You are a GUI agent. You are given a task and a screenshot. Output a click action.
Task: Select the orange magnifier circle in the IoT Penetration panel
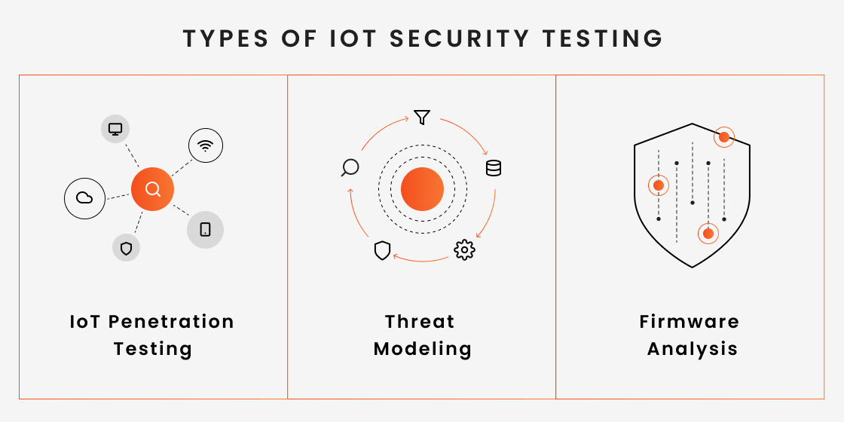(x=152, y=189)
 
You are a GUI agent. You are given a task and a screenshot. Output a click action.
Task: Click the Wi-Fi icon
(x=206, y=145)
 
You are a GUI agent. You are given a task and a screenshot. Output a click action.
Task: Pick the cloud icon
(x=84, y=198)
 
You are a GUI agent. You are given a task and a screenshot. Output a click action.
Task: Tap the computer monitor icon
(x=115, y=130)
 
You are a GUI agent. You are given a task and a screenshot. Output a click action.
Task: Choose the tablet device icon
(x=205, y=230)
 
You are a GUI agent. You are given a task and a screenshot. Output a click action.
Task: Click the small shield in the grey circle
(x=126, y=247)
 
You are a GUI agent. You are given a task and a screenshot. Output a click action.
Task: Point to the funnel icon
(x=422, y=118)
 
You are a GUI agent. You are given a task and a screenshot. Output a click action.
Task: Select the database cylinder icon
(x=494, y=168)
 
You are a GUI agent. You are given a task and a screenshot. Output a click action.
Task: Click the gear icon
(x=464, y=249)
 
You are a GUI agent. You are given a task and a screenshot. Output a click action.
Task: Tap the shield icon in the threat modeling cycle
(x=382, y=251)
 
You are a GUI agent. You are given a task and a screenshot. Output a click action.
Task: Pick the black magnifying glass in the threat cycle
(x=350, y=168)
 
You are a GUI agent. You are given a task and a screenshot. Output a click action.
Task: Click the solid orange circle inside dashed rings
(x=422, y=189)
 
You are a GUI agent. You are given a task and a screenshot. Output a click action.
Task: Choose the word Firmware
(x=690, y=322)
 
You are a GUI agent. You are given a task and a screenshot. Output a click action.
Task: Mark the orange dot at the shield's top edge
(x=723, y=137)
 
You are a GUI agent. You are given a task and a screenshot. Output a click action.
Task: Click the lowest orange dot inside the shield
(x=708, y=234)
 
